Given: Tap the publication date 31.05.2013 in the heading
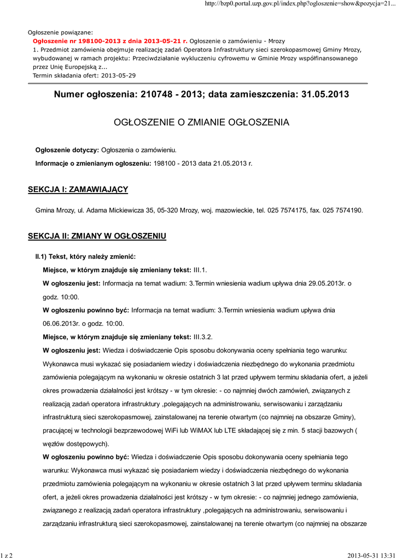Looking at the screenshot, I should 325,95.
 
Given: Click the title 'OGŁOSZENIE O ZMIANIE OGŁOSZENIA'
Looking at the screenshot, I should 201,122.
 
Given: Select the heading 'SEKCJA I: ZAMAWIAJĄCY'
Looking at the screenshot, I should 78,189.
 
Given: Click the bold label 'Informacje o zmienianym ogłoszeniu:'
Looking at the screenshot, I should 94,163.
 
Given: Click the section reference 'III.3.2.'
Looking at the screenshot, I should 203,336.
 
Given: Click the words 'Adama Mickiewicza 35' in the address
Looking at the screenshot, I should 114,210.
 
